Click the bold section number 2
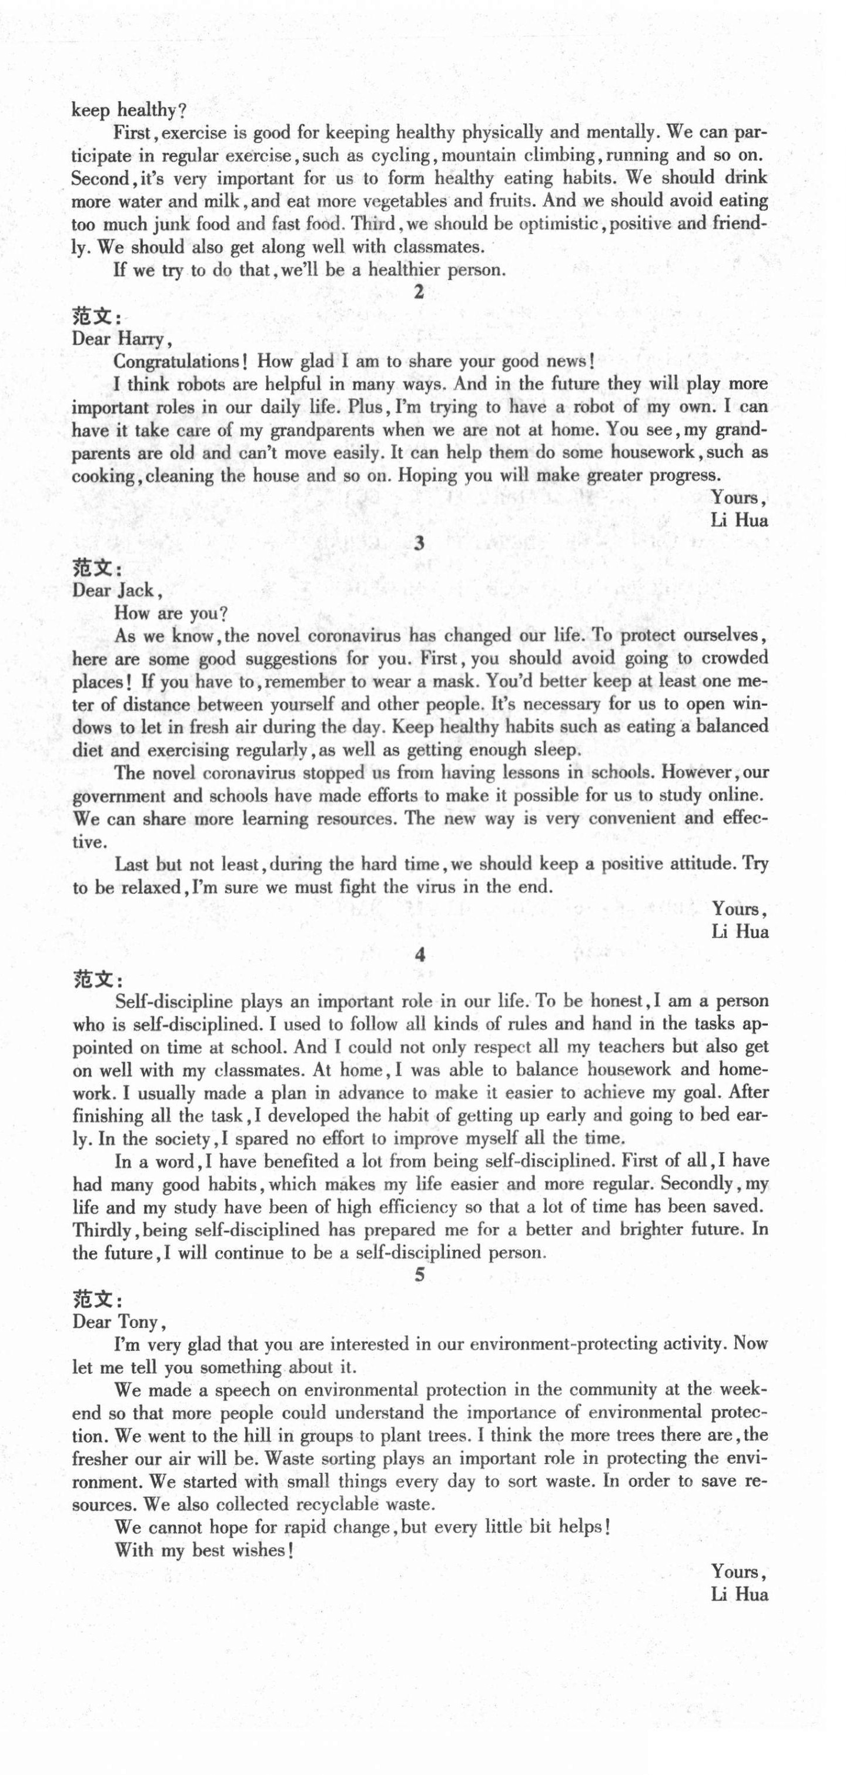point(418,292)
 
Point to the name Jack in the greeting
point(136,590)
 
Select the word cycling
point(401,156)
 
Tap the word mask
point(457,682)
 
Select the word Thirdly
point(101,1230)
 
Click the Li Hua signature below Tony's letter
point(738,1594)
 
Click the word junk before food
point(169,225)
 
